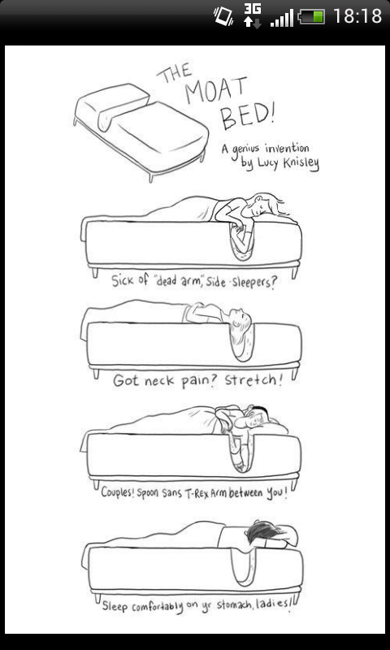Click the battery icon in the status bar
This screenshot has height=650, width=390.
coord(311,17)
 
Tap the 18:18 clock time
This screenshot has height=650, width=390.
coord(357,16)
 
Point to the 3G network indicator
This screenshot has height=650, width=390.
coord(253,16)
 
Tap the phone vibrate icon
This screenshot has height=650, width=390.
coord(223,16)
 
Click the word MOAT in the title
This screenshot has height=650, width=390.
coord(216,89)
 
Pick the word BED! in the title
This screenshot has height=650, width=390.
coord(247,113)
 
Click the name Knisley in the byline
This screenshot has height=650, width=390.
coord(301,163)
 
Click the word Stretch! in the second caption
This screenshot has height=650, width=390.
coord(253,380)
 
